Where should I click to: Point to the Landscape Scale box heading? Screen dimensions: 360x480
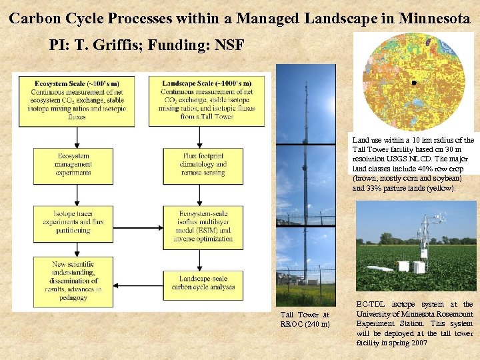coord(198,82)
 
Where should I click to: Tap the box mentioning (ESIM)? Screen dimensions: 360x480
coord(198,226)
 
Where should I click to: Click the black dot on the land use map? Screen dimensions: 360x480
coord(414,83)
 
